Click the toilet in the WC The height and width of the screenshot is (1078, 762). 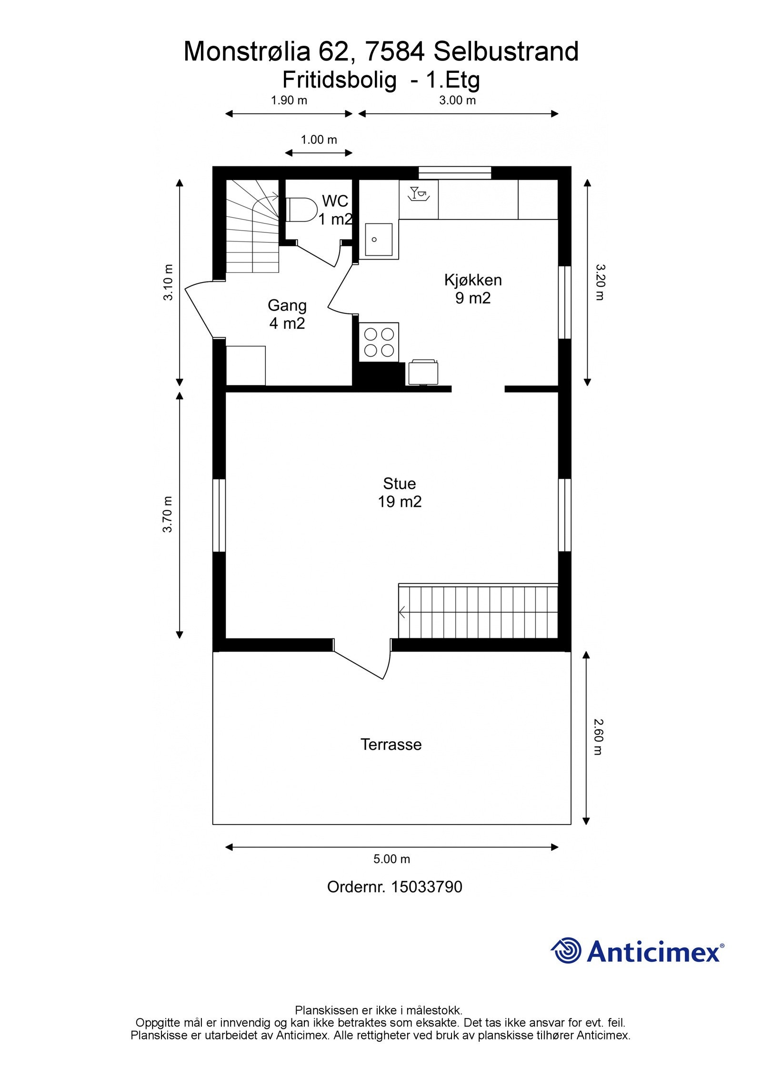point(302,210)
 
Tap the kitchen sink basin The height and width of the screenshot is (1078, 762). point(379,240)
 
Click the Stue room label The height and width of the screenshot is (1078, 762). point(400,484)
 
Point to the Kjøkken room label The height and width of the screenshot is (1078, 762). point(473,280)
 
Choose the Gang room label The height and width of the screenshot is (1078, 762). point(287,305)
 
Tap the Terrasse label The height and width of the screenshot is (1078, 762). point(391,745)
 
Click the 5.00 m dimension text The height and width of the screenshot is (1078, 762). point(391,859)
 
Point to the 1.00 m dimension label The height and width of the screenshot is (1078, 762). point(319,140)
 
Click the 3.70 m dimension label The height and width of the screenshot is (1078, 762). point(167,514)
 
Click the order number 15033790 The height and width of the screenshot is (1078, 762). point(427,887)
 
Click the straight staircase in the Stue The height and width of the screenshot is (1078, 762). point(478,611)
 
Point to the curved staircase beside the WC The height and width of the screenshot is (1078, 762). point(252,226)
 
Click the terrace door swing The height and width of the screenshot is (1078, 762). point(362,660)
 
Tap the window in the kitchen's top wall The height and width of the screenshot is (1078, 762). point(455,172)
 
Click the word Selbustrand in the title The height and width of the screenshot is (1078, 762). point(506,51)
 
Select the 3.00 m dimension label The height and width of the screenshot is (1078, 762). point(457,100)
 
